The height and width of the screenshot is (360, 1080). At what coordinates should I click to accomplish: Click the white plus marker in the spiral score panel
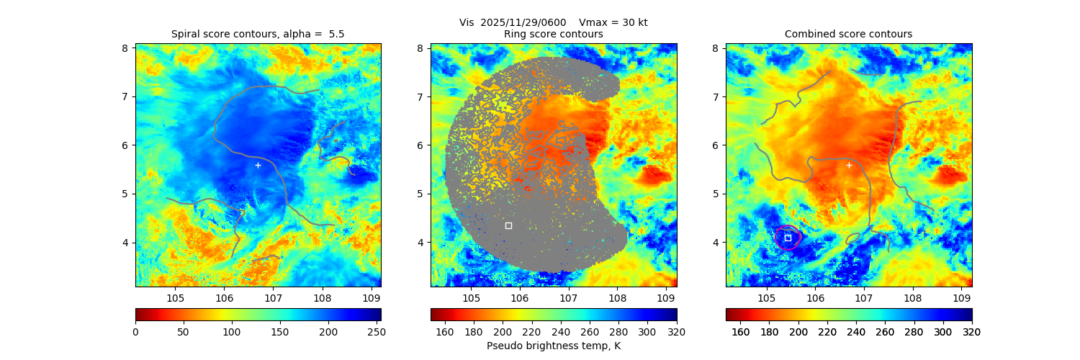point(258,165)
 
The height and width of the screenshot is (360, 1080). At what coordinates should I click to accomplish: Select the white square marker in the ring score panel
point(508,225)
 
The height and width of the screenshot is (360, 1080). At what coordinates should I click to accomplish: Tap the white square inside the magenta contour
point(788,238)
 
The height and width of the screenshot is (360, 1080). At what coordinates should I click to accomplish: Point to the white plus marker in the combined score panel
point(849,165)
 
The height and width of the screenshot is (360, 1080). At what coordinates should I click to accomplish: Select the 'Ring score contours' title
point(553,34)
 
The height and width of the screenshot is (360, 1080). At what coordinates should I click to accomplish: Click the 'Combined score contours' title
point(848,34)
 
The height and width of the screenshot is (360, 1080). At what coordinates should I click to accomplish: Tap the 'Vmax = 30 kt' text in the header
point(613,22)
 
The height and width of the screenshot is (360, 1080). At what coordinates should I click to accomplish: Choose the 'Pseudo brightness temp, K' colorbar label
point(553,346)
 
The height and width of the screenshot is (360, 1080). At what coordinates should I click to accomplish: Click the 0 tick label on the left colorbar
point(135,331)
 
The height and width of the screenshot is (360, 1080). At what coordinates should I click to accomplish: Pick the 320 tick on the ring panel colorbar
point(676,331)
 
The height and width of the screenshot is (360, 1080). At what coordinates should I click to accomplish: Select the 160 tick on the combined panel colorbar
point(740,331)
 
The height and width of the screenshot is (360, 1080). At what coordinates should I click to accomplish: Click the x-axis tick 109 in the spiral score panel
point(371,298)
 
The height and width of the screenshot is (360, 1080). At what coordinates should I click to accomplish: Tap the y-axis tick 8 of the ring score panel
point(420,48)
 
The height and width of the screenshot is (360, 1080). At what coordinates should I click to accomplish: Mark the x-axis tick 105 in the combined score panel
point(766,298)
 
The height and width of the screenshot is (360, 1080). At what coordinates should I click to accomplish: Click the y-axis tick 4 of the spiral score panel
point(125,242)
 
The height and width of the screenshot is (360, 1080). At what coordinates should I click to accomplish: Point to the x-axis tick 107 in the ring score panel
point(568,298)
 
